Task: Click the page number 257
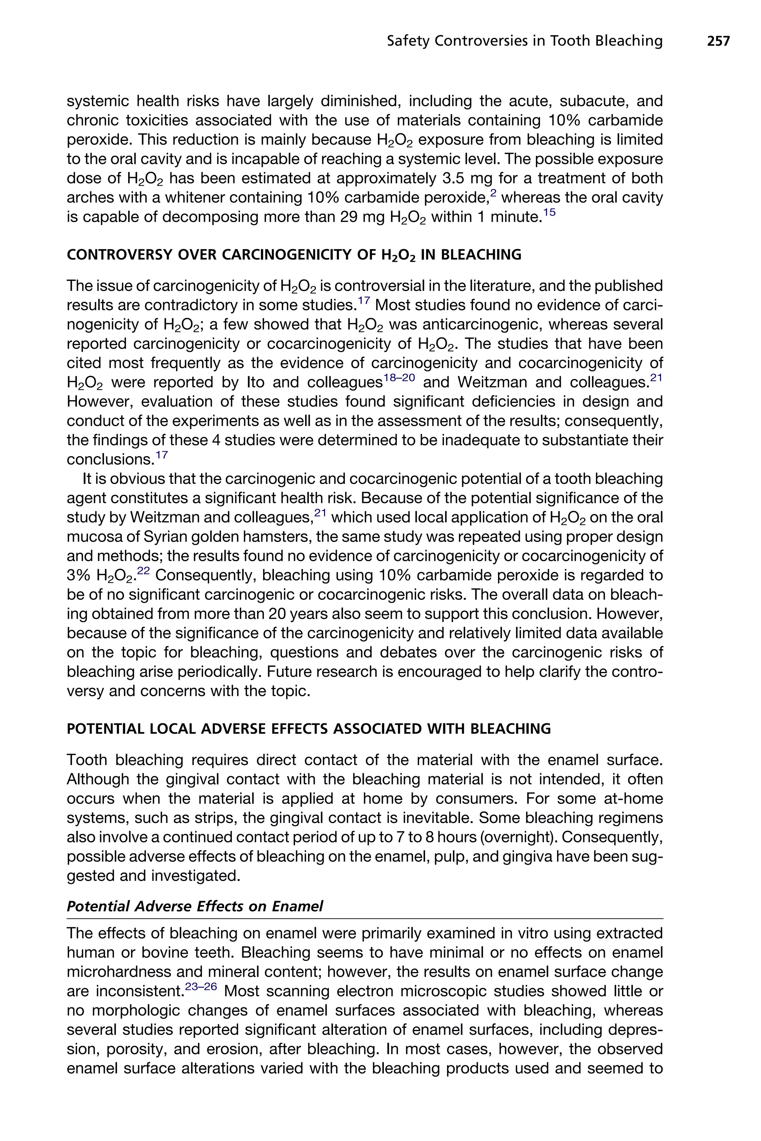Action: pos(718,41)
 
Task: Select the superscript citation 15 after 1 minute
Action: pos(549,212)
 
